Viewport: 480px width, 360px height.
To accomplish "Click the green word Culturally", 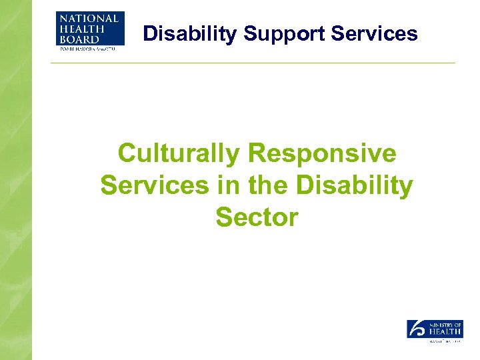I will coord(178,154).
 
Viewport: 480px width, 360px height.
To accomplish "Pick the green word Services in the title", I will coord(154,185).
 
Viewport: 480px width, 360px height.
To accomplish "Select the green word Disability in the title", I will coord(354,185).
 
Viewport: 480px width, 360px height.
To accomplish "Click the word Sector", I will coord(257,217).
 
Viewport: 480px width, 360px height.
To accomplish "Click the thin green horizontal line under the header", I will coord(253,63).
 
